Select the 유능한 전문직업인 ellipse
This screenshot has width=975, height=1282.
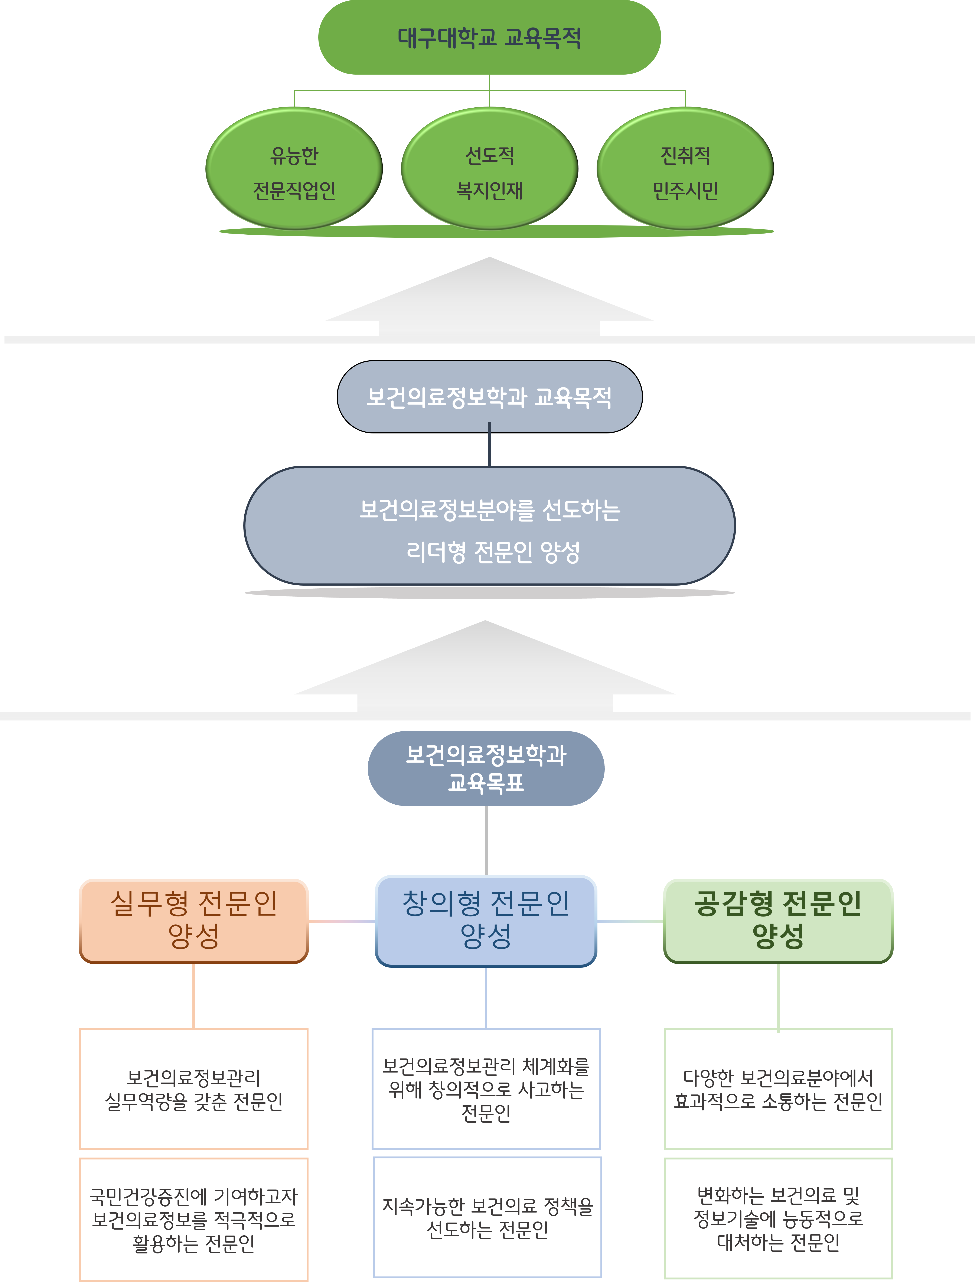coord(294,169)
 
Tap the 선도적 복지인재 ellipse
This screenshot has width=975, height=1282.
coord(489,169)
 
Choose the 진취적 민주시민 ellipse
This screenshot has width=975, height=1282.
coord(685,169)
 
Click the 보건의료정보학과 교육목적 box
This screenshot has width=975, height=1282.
coord(489,397)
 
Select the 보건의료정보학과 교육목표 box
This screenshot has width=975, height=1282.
coord(486,768)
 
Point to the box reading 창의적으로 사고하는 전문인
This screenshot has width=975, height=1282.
coord(486,1089)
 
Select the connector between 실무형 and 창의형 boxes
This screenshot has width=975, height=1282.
coord(341,920)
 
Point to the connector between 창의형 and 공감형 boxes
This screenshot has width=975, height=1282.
coord(630,920)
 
